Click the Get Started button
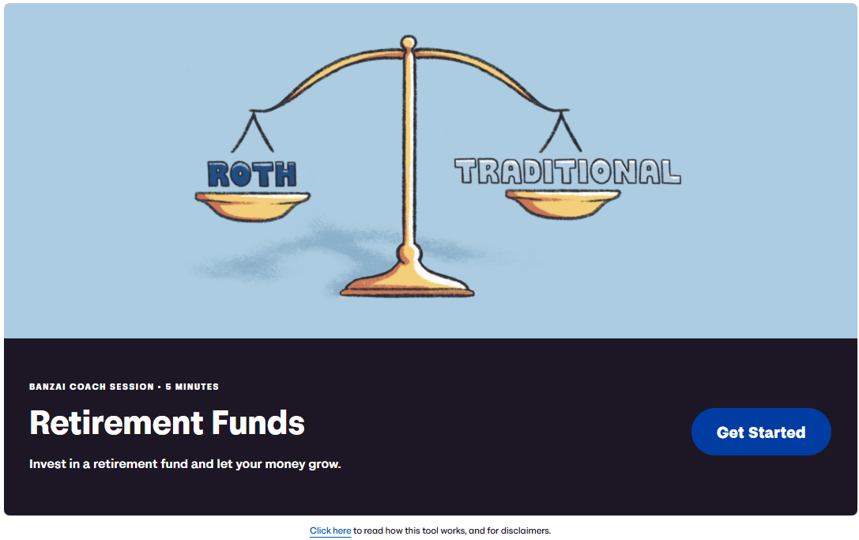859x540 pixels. (x=761, y=432)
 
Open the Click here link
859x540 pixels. (x=330, y=531)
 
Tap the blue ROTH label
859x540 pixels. (x=252, y=175)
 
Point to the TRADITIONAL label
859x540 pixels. (x=567, y=172)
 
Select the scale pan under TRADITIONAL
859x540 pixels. (x=563, y=203)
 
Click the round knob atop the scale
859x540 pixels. (x=408, y=43)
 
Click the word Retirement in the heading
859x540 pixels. (x=117, y=423)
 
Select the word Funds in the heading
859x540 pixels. (x=258, y=423)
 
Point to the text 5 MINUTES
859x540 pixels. (x=192, y=387)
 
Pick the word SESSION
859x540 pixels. (x=132, y=387)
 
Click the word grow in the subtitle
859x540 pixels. (x=323, y=465)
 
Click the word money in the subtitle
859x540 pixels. (x=284, y=465)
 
